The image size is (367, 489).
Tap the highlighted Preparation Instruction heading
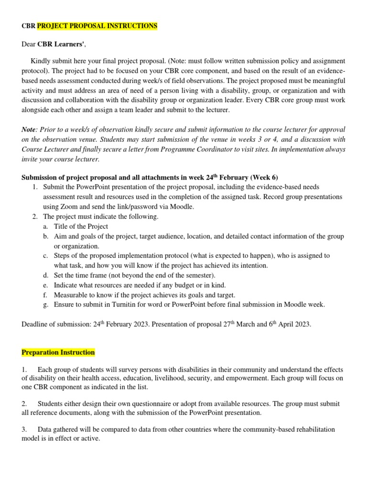click(x=58, y=352)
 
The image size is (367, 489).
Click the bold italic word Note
click(x=29, y=129)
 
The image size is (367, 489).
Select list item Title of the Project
click(x=81, y=226)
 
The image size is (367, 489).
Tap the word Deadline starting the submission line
click(x=36, y=325)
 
